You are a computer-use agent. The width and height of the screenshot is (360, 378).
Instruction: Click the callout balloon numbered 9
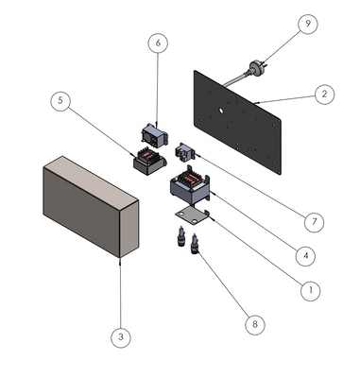pos(308,24)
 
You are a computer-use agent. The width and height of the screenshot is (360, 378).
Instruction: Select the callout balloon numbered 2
pos(324,94)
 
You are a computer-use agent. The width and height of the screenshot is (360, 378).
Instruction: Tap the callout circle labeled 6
pos(158,43)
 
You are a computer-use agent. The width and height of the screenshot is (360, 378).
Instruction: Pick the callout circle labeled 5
pos(60,100)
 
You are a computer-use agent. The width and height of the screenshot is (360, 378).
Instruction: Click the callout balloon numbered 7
pos(314,222)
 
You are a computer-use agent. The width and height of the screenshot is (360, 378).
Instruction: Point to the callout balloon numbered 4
pos(305,255)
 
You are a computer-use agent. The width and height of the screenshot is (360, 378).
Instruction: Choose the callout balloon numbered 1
pos(311,290)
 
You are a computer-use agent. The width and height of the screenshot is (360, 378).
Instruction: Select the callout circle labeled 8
pos(255,324)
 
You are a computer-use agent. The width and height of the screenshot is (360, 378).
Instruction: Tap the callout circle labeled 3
pos(121,337)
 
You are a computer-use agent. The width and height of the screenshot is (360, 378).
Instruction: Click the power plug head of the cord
pos(256,68)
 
